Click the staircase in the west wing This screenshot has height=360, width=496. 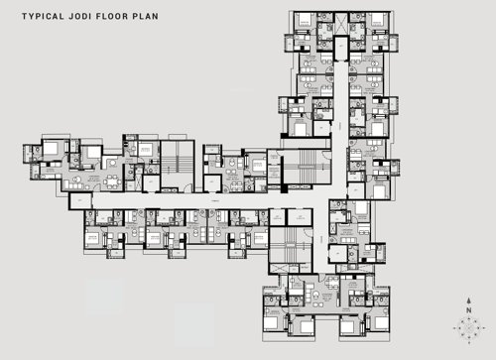coord(179,162)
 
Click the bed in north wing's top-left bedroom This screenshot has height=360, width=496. coord(306,21)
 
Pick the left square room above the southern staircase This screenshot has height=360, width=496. coord(275,217)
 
